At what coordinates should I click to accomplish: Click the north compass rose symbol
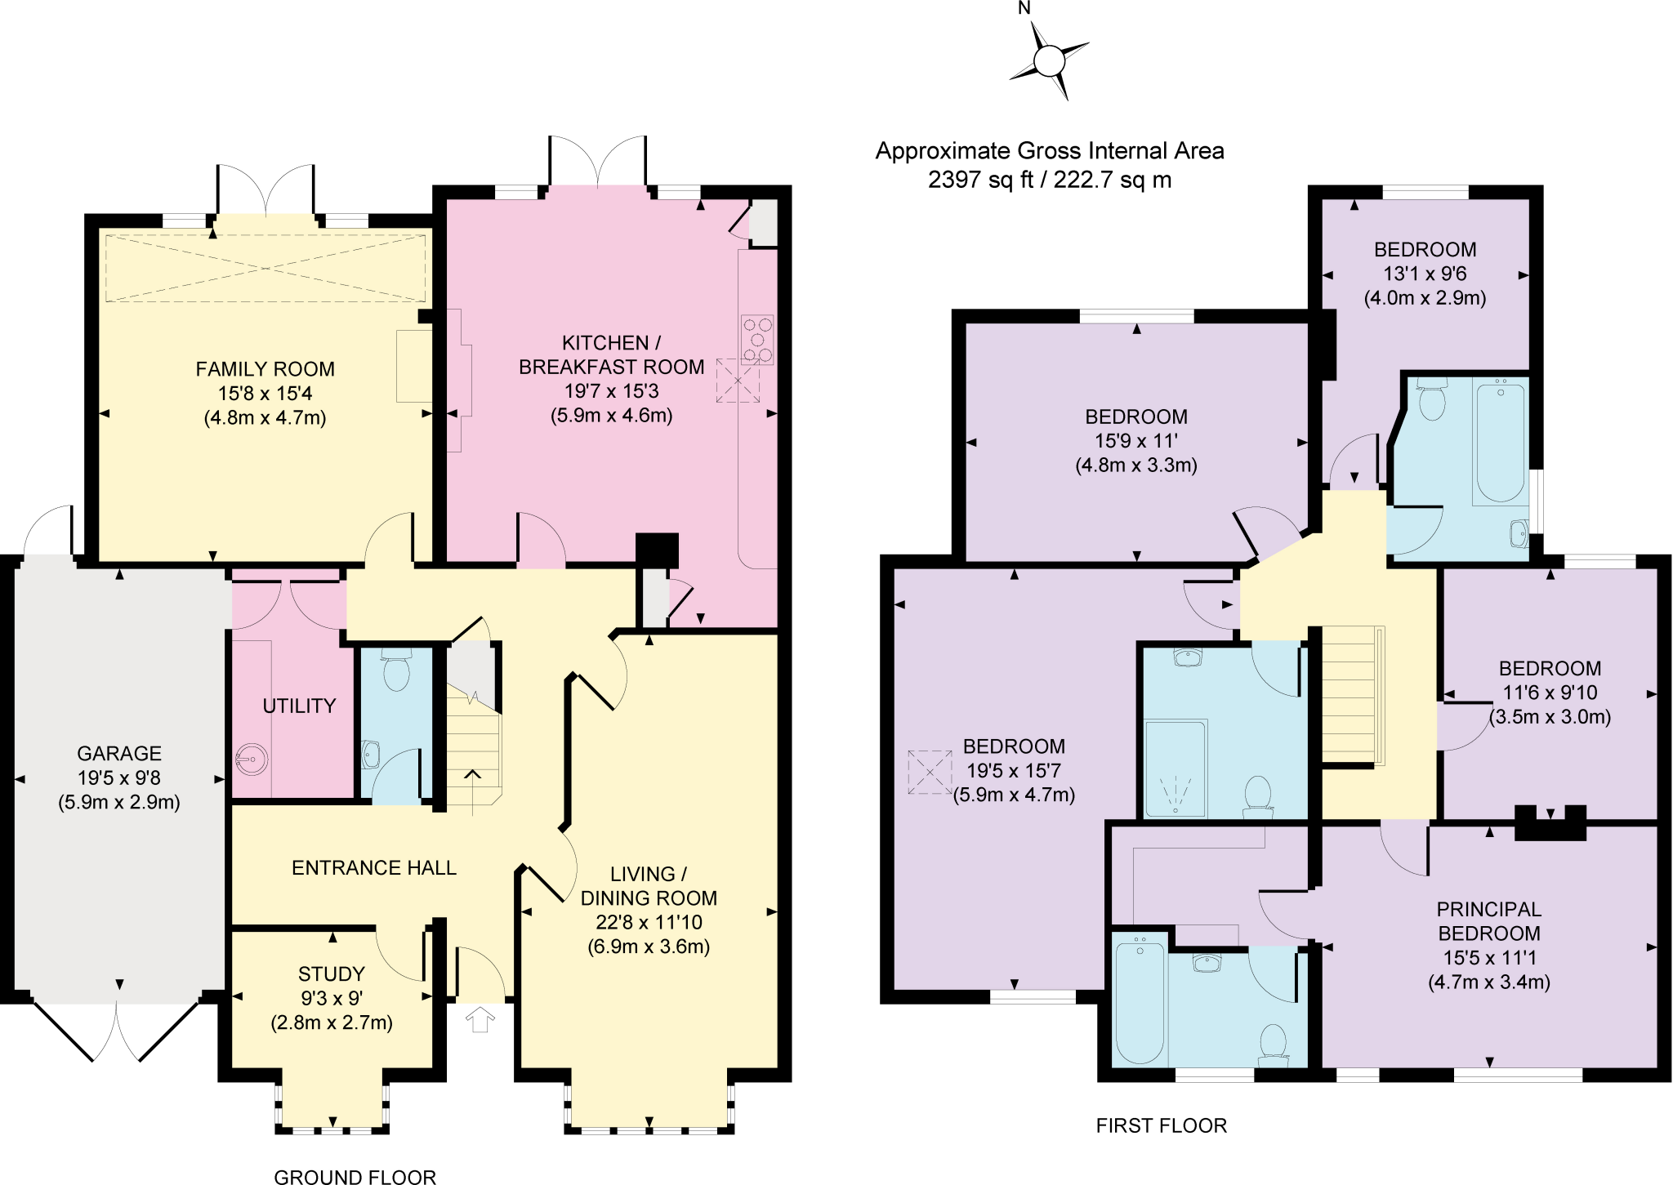1049,60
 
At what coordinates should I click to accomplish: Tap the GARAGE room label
119,753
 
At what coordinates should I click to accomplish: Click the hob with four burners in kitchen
756,340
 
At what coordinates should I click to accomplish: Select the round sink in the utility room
252,760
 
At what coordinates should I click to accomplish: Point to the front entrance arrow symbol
480,1020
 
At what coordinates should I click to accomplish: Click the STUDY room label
331,973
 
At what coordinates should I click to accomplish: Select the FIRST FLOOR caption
1161,1125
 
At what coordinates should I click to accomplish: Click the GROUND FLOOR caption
355,1177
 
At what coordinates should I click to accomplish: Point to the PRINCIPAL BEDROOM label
1488,921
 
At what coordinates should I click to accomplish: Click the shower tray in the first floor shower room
1176,768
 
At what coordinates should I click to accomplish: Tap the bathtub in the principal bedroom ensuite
1140,1000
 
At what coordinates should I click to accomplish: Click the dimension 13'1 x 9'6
1425,274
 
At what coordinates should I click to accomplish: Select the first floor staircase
1352,694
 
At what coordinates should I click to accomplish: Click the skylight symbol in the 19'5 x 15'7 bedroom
930,772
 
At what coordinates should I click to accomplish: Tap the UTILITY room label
299,706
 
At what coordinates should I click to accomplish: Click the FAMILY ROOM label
265,369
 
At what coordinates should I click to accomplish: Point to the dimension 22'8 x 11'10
649,922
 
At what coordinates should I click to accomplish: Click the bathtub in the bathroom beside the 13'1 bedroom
1500,442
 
